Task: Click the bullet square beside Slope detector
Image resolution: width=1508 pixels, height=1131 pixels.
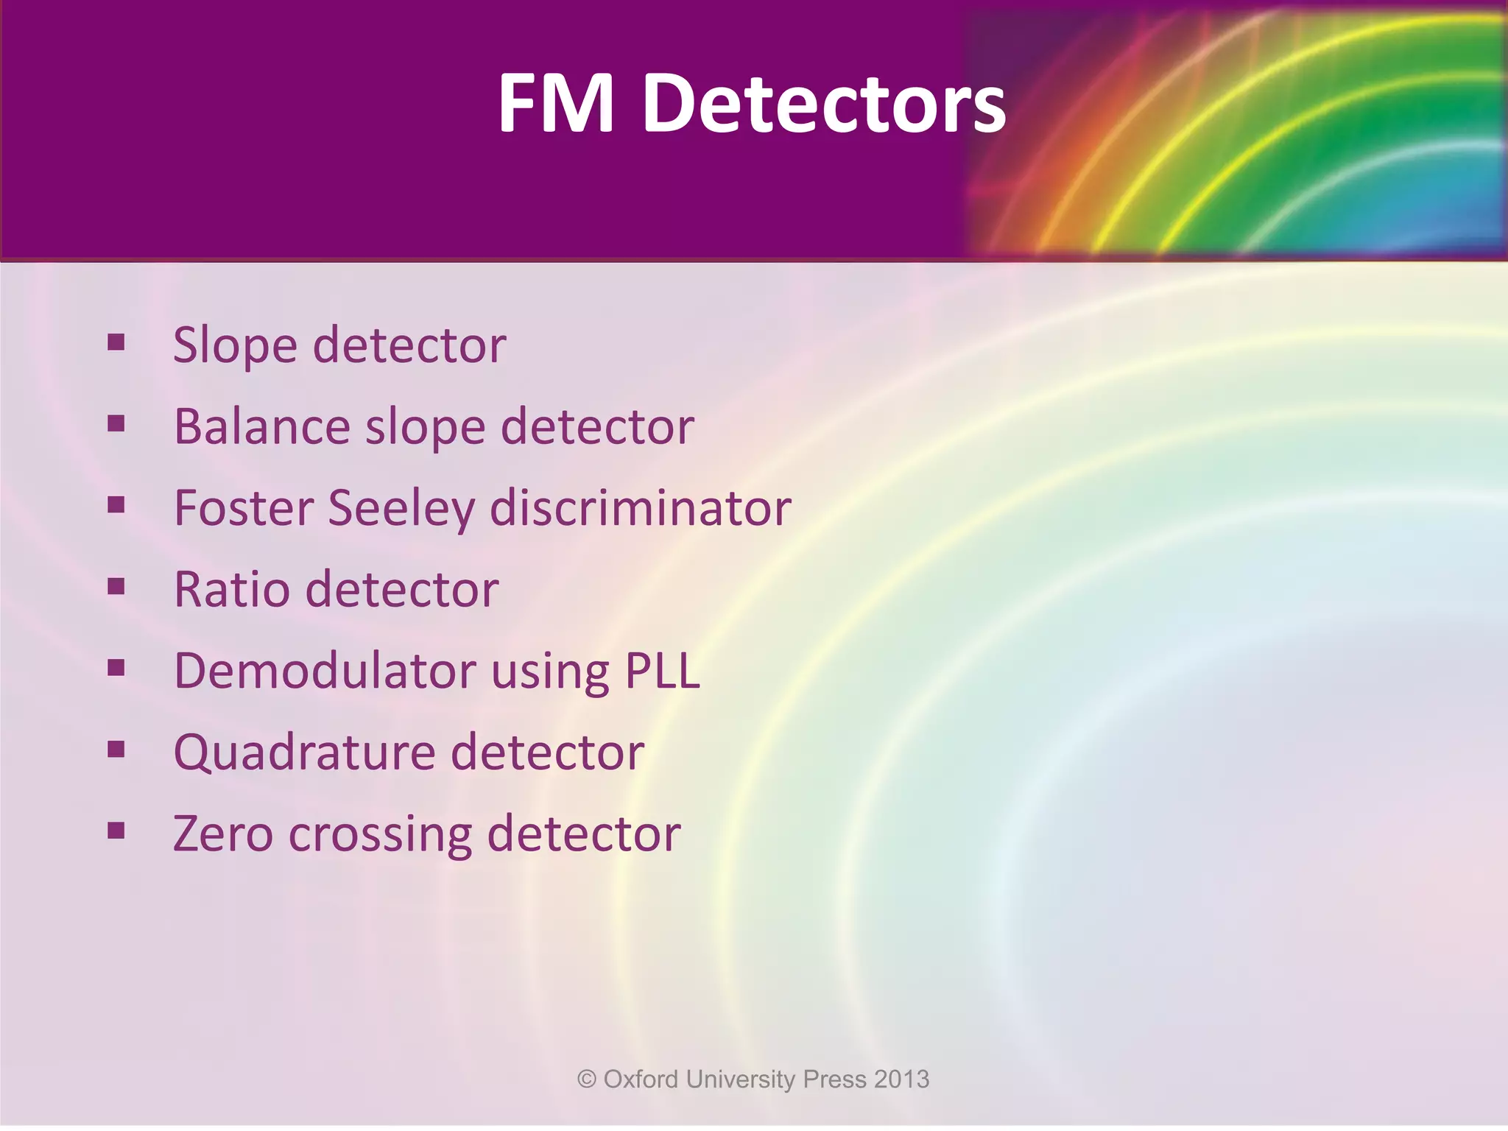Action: pyautogui.click(x=116, y=342)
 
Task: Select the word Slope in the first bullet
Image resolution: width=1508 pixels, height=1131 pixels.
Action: pyautogui.click(x=235, y=345)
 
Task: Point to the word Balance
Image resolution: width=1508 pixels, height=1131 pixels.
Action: pyautogui.click(x=262, y=426)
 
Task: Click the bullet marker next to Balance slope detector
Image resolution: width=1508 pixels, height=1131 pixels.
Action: pyautogui.click(x=116, y=424)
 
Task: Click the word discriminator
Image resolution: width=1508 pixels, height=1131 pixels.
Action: pyautogui.click(x=641, y=508)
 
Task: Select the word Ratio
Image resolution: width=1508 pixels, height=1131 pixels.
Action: pyautogui.click(x=232, y=590)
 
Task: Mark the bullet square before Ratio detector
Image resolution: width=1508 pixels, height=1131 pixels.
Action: pyautogui.click(x=116, y=587)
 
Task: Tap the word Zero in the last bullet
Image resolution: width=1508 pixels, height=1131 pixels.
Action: pyautogui.click(x=223, y=834)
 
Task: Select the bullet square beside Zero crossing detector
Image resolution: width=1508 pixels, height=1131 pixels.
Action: pyautogui.click(x=116, y=831)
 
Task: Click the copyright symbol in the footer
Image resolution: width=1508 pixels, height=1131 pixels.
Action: pyautogui.click(x=587, y=1079)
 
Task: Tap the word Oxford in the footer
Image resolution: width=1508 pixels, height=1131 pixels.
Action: pyautogui.click(x=641, y=1079)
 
